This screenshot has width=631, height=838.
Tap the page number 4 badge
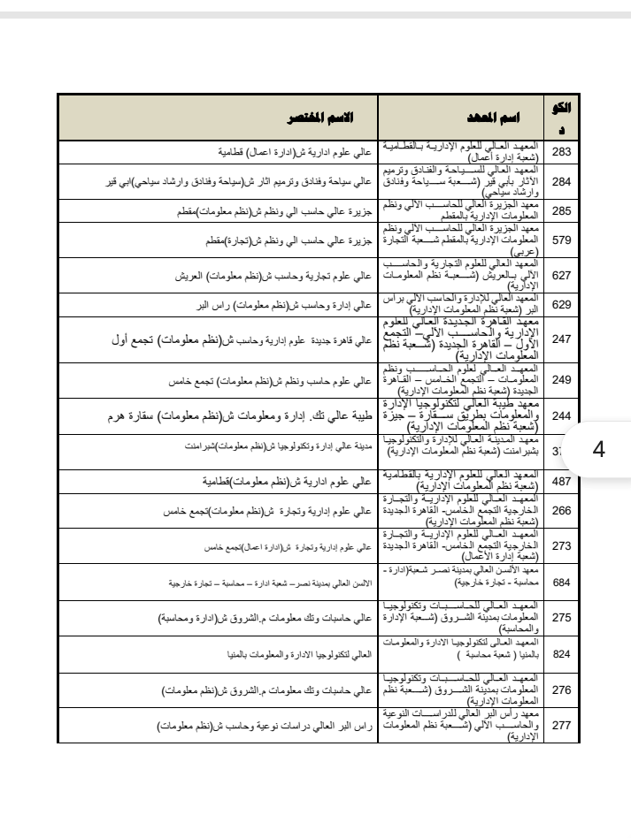coord(598,447)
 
